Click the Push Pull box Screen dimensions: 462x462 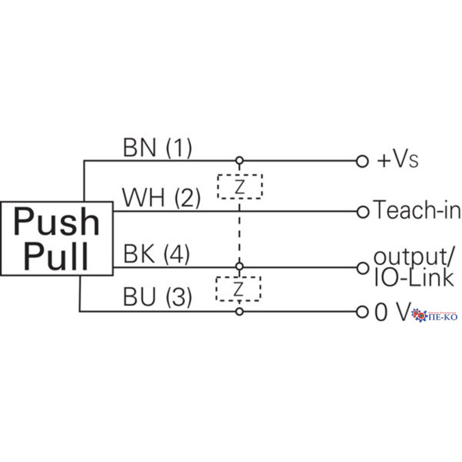[x=56, y=238]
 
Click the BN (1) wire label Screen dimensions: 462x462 [x=157, y=146]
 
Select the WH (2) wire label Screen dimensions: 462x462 [x=161, y=198]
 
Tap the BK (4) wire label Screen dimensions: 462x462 [x=156, y=254]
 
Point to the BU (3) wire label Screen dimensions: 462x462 [x=157, y=297]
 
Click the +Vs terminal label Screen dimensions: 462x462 [x=397, y=161]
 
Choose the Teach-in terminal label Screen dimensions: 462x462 [x=416, y=211]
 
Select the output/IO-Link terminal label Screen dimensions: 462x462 [x=413, y=267]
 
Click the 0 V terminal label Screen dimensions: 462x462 [x=391, y=312]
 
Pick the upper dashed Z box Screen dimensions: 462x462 [x=240, y=186]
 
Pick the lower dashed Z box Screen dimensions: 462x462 [x=239, y=289]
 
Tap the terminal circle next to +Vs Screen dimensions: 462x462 [x=363, y=161]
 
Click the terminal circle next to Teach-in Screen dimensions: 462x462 [x=363, y=211]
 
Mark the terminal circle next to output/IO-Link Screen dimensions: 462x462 [x=363, y=267]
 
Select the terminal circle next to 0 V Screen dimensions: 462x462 [x=363, y=312]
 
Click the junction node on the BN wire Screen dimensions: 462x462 [x=239, y=161]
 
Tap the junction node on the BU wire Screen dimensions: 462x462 [x=239, y=312]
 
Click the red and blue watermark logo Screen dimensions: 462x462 [x=435, y=316]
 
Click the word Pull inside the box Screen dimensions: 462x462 [x=56, y=255]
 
